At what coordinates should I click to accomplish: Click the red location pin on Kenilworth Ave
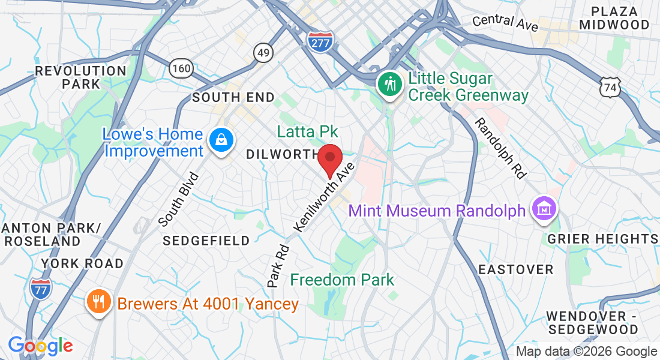point(329,158)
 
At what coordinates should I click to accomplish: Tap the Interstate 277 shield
point(319,40)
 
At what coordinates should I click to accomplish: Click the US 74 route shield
point(610,88)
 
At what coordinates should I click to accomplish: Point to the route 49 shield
point(263,52)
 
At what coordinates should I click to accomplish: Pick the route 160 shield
point(181,68)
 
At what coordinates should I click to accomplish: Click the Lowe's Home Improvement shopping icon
point(221,140)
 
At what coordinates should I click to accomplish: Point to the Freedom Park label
point(342,280)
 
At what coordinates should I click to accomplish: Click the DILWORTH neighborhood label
point(281,154)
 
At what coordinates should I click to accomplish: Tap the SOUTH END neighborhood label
point(233,97)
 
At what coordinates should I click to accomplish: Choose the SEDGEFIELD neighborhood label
point(206,241)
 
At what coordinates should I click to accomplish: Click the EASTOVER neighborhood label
point(515,269)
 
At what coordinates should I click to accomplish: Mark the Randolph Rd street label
point(500,148)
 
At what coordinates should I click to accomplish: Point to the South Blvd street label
point(178,199)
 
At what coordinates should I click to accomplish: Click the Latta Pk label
point(307,131)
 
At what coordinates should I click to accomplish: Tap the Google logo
point(40,346)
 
